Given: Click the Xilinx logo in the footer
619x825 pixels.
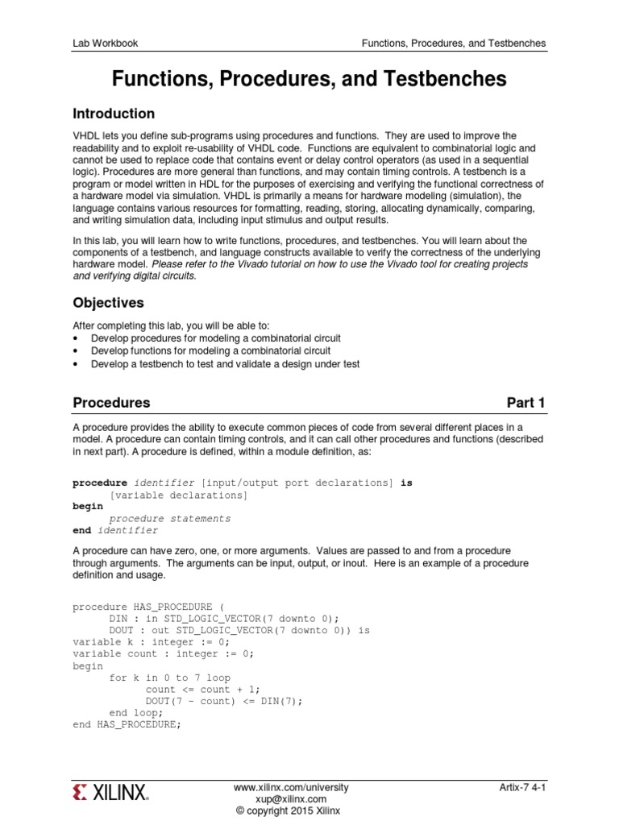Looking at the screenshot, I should pyautogui.click(x=110, y=793).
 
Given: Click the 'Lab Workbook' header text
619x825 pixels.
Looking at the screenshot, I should pyautogui.click(x=106, y=43).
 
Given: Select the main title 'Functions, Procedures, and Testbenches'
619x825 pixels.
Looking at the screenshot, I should pyautogui.click(x=309, y=79).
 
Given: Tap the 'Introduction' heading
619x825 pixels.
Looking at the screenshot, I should pyautogui.click(x=114, y=114).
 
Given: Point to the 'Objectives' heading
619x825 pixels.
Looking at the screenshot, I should pyautogui.click(x=109, y=303).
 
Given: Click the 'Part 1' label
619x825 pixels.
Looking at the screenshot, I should pyautogui.click(x=526, y=403).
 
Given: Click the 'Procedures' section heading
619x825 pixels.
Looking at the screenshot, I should pyautogui.click(x=111, y=403).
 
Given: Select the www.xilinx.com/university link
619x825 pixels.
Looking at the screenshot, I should pyautogui.click(x=291, y=786).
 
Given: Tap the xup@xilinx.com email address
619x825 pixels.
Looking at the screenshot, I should pyautogui.click(x=291, y=798).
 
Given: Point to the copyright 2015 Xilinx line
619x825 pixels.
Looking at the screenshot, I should pyautogui.click(x=288, y=810).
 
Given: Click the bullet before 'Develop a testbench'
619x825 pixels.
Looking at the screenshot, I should pyautogui.click(x=76, y=364).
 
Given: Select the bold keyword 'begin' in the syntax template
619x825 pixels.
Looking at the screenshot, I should pyautogui.click(x=88, y=507).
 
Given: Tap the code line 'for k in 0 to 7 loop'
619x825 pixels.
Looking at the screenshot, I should pyautogui.click(x=169, y=678).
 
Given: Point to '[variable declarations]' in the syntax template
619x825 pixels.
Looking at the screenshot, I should pyautogui.click(x=178, y=495).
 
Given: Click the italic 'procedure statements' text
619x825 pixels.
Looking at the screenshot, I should pyautogui.click(x=170, y=519).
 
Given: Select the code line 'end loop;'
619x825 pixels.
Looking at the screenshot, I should pyautogui.click(x=136, y=713).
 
